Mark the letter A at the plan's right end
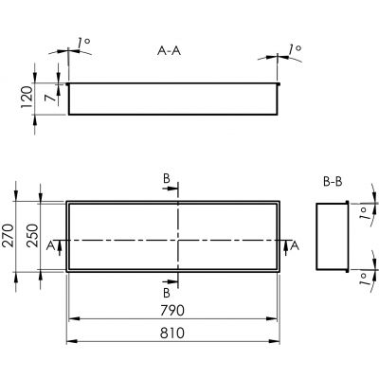point(294,245)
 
